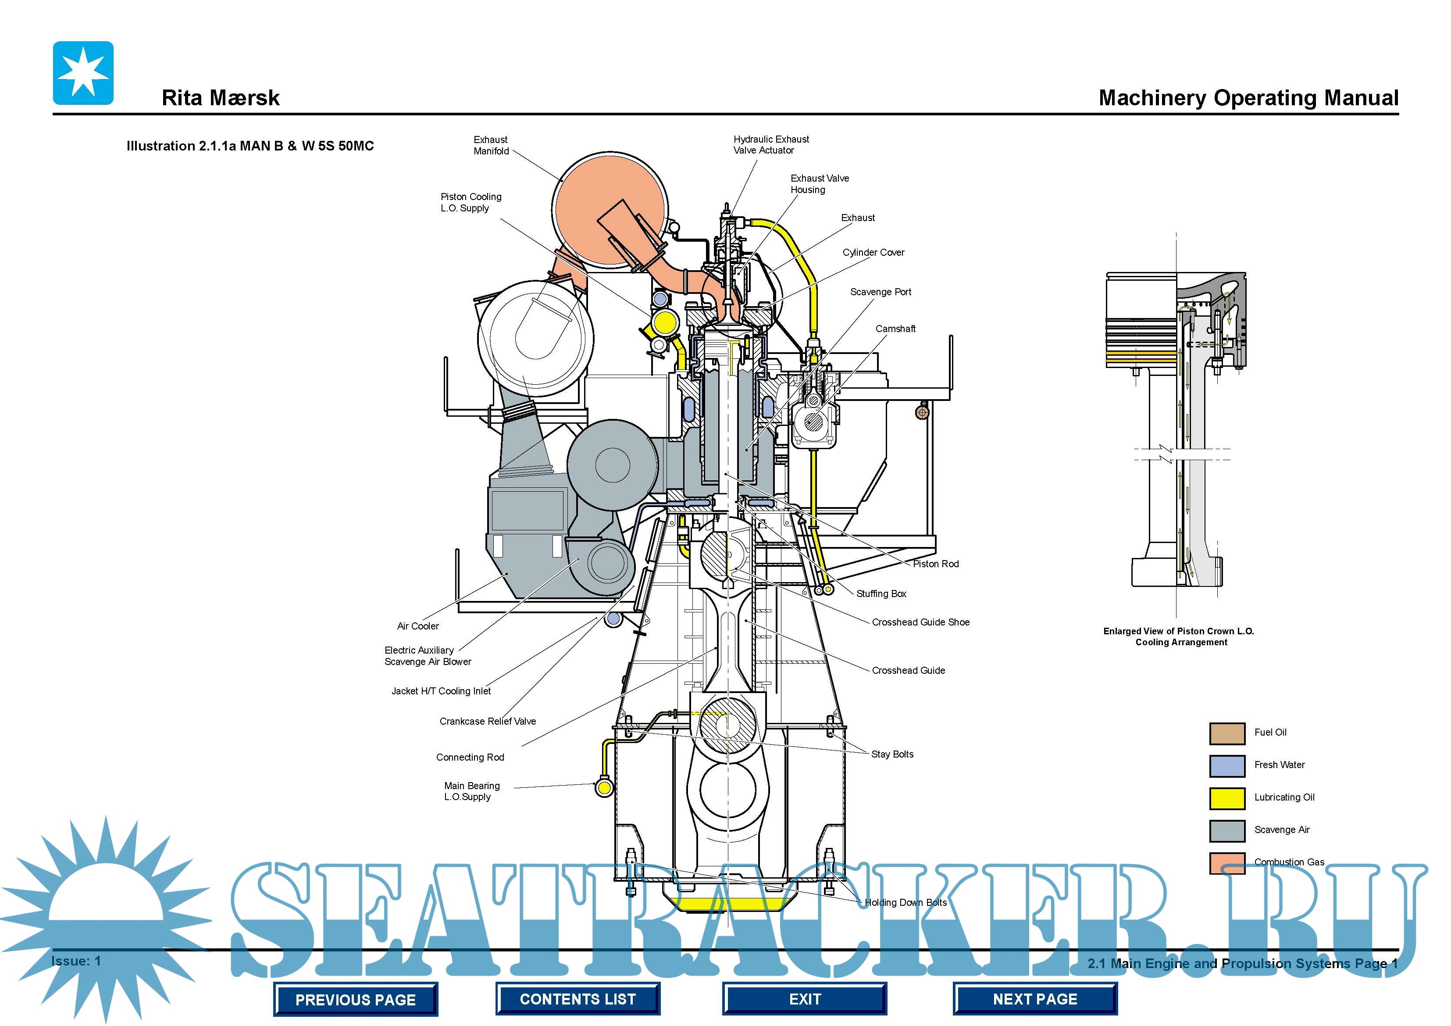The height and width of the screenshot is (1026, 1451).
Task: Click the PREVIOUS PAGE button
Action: pos(355,999)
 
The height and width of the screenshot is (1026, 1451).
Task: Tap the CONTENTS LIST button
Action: pos(578,999)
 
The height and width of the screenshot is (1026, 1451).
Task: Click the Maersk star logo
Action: pos(83,73)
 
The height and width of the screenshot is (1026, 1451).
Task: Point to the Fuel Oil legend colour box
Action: pos(1226,733)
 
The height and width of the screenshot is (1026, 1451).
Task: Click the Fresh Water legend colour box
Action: pos(1226,765)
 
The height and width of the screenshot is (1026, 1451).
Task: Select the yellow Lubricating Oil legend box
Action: pos(1226,798)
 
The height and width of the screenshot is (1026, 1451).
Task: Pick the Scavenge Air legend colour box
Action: pos(1226,830)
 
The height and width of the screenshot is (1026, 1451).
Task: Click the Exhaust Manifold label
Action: pos(491,145)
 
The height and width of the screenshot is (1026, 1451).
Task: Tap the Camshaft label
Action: pos(895,329)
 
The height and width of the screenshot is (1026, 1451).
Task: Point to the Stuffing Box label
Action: pos(881,593)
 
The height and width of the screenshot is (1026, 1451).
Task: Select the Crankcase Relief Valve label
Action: pos(487,721)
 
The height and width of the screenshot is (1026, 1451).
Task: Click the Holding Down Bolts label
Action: pos(905,902)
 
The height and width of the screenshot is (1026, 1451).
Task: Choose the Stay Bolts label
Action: pos(892,754)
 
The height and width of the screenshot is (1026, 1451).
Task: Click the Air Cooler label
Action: pos(418,626)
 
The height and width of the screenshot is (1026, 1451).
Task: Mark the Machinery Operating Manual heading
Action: pos(1248,98)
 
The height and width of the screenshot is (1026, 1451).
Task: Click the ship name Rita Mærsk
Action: pos(221,98)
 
